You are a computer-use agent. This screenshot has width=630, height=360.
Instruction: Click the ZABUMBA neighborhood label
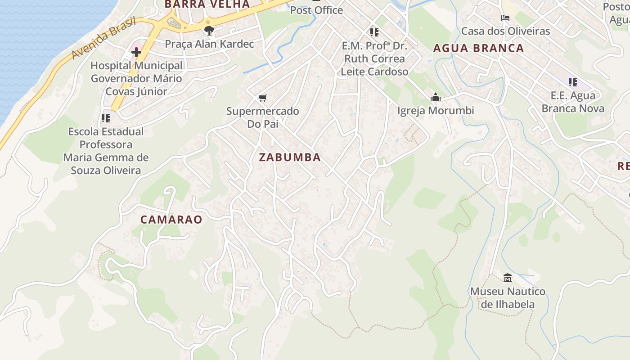(290, 157)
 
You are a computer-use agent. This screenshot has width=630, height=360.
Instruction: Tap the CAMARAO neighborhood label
(171, 220)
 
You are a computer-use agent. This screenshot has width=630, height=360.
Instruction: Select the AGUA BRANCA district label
(478, 48)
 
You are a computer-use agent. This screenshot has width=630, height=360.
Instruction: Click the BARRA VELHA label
(207, 4)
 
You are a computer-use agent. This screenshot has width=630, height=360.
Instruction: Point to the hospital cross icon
(136, 52)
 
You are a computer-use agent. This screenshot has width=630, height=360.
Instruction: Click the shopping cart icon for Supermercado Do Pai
(263, 98)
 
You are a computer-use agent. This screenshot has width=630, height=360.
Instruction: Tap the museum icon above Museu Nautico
(508, 278)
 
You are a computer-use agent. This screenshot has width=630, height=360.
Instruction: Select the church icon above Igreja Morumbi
(435, 97)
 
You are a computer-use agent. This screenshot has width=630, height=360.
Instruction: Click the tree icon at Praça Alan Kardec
(209, 31)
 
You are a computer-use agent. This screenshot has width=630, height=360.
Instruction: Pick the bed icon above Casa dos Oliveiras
(505, 18)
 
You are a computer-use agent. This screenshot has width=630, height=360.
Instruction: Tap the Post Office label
(316, 10)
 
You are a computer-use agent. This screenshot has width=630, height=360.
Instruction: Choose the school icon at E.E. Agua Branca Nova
(572, 82)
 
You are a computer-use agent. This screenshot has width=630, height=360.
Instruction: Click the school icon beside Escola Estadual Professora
(106, 118)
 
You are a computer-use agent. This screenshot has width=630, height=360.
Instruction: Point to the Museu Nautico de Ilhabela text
(508, 298)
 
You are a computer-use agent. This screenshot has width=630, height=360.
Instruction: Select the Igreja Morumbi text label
(435, 111)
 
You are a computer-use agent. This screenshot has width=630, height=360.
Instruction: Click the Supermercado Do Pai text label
(263, 117)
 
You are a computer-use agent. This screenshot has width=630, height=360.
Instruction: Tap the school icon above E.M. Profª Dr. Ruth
(374, 32)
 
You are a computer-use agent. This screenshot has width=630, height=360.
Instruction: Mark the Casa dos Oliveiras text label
(505, 31)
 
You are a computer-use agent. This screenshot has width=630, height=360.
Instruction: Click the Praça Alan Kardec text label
(209, 44)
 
